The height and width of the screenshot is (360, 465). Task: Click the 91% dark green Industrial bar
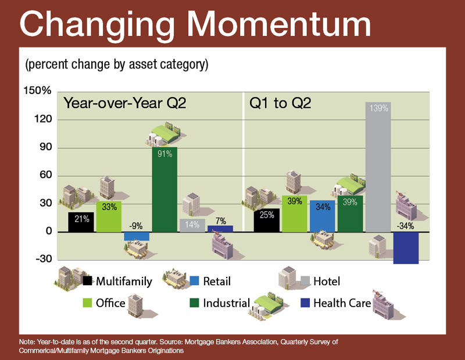click(164, 190)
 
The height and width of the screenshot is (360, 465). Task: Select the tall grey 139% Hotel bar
click(378, 167)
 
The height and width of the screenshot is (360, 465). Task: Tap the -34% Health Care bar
click(406, 248)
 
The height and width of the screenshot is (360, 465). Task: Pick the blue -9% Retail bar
click(137, 236)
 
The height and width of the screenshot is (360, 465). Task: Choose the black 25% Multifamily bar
click(267, 220)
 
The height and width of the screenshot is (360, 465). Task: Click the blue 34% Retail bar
click(323, 216)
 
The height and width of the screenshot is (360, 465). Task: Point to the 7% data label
click(221, 221)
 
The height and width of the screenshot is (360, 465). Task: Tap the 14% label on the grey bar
click(192, 225)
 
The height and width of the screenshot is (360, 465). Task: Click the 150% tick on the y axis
click(37, 91)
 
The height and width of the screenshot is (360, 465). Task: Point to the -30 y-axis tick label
click(44, 259)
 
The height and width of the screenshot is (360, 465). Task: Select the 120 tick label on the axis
click(43, 119)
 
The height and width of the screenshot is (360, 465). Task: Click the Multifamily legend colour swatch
click(87, 280)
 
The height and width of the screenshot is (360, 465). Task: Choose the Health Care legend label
click(342, 303)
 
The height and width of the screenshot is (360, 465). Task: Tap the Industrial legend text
click(227, 303)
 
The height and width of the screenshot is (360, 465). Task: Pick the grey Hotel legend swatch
click(305, 280)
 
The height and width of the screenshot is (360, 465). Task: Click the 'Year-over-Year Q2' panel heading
click(125, 103)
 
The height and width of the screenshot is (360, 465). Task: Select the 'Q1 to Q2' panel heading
click(280, 103)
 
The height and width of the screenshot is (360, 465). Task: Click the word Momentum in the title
click(279, 24)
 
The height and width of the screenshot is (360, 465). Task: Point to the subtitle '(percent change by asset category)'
click(117, 64)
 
